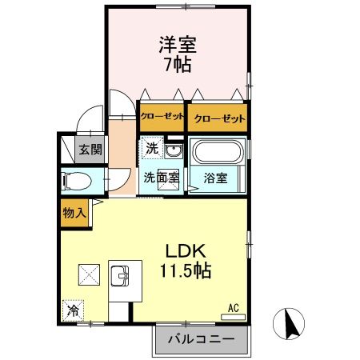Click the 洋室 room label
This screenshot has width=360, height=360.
[x=178, y=45]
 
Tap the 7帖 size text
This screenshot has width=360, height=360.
[x=178, y=65]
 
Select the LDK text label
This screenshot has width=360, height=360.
[x=186, y=250]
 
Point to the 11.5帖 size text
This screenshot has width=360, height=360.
[x=186, y=270]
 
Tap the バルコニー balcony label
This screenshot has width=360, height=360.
[x=202, y=339]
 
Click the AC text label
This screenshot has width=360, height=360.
[x=234, y=308]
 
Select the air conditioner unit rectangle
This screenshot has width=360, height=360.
[x=233, y=317]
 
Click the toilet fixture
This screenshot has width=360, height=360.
[x=77, y=181]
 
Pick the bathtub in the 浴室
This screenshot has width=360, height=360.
[x=218, y=150]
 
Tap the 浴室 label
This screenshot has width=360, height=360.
[x=215, y=178]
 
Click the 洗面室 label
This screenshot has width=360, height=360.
[x=162, y=178]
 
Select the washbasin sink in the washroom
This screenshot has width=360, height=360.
[x=174, y=151]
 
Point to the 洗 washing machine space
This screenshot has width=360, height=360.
[x=152, y=148]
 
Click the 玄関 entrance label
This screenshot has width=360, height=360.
[x=90, y=150]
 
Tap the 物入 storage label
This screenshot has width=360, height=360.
[x=74, y=213]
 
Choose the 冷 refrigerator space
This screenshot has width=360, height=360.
[x=73, y=310]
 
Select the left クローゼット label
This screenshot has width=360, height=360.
[x=162, y=116]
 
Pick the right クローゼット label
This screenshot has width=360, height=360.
[x=219, y=118]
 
